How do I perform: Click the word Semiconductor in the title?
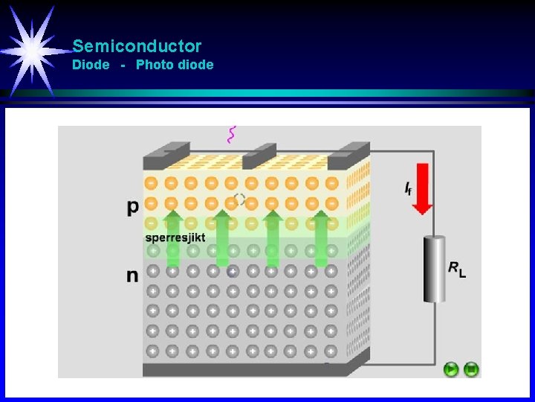coord(137,46)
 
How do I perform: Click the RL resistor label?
coord(457,269)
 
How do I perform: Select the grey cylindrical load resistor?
coord(434,269)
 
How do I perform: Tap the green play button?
coord(451,368)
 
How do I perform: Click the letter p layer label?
coord(132,208)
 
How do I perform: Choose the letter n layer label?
coord(132,276)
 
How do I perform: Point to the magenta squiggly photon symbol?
coord(232,134)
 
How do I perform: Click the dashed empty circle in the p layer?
coord(239,200)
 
